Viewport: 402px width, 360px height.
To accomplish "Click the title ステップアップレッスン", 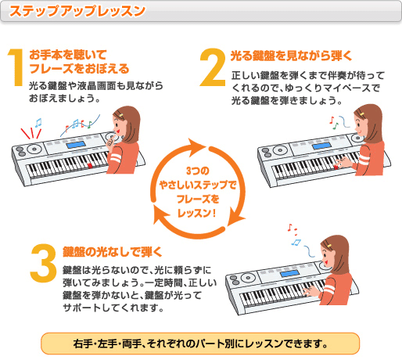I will (x=78, y=11).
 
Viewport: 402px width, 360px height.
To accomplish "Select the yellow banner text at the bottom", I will (x=201, y=343).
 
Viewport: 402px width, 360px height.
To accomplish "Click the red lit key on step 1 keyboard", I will (x=91, y=166).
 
